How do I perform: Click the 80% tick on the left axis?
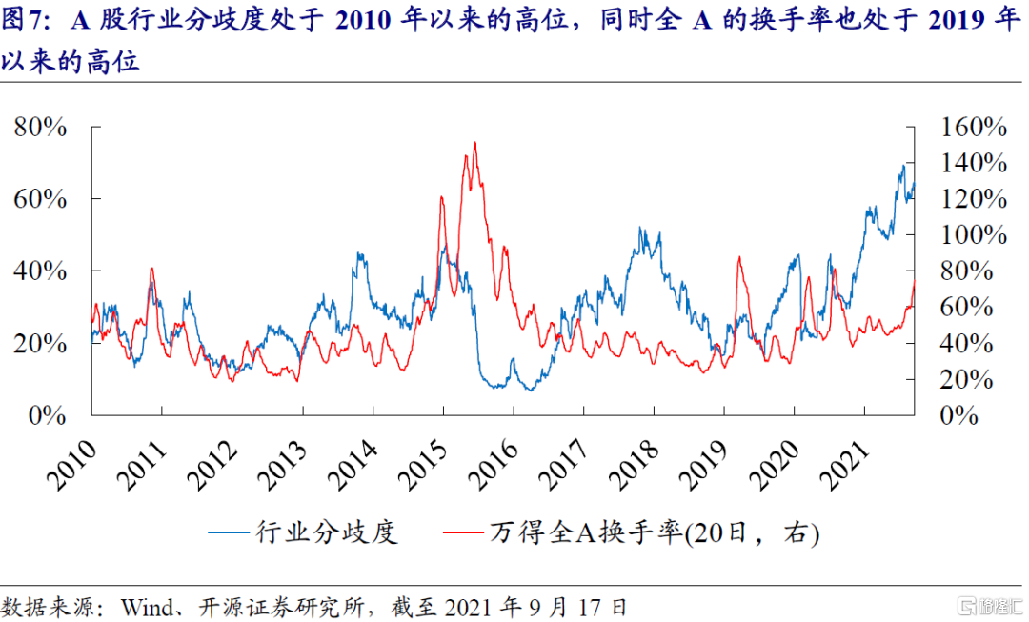click(x=40, y=128)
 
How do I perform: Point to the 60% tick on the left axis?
click(x=40, y=199)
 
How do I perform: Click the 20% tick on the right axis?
click(x=966, y=380)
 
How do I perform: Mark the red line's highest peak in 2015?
click(x=474, y=143)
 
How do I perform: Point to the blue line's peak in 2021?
click(x=902, y=166)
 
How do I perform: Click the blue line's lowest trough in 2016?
click(x=530, y=391)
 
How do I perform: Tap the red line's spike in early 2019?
click(x=739, y=257)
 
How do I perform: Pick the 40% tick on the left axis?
click(x=40, y=271)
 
